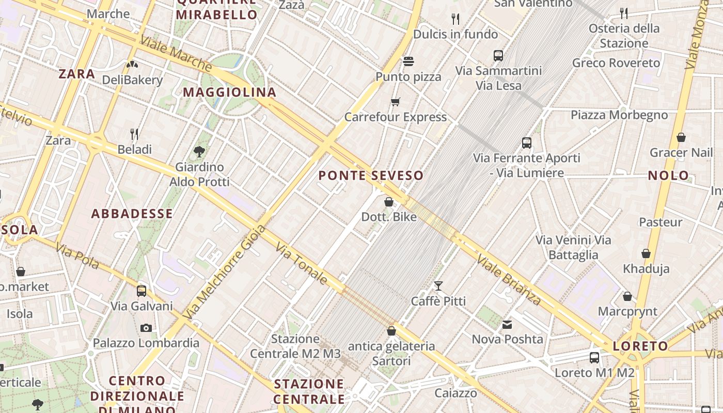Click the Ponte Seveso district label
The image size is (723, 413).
pyautogui.click(x=371, y=176)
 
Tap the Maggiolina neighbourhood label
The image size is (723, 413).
pyautogui.click(x=230, y=92)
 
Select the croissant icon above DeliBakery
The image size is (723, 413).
pyautogui.click(x=132, y=65)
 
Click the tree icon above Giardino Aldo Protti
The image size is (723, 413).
pyautogui.click(x=199, y=151)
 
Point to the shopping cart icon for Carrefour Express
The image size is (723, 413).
pyautogui.click(x=396, y=102)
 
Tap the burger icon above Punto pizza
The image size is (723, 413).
pyautogui.click(x=408, y=61)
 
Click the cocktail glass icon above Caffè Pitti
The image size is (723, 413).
pyautogui.click(x=438, y=285)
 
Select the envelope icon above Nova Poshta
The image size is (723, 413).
pyautogui.click(x=507, y=324)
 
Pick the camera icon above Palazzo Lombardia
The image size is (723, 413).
pyautogui.click(x=146, y=328)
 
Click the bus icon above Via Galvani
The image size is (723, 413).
pyautogui.click(x=142, y=291)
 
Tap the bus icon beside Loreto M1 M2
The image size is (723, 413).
pyautogui.click(x=594, y=357)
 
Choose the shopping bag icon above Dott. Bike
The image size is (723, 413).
pyautogui.click(x=389, y=202)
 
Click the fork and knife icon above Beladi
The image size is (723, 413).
pyautogui.click(x=134, y=134)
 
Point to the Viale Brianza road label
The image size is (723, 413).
pyautogui.click(x=509, y=279)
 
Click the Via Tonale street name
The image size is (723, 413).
pyautogui.click(x=301, y=264)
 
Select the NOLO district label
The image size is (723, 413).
pyautogui.click(x=669, y=176)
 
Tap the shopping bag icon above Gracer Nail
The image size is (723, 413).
pyautogui.click(x=681, y=137)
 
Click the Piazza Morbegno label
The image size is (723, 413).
pyautogui.click(x=619, y=115)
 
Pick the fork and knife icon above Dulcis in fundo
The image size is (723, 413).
pyautogui.click(x=455, y=19)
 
